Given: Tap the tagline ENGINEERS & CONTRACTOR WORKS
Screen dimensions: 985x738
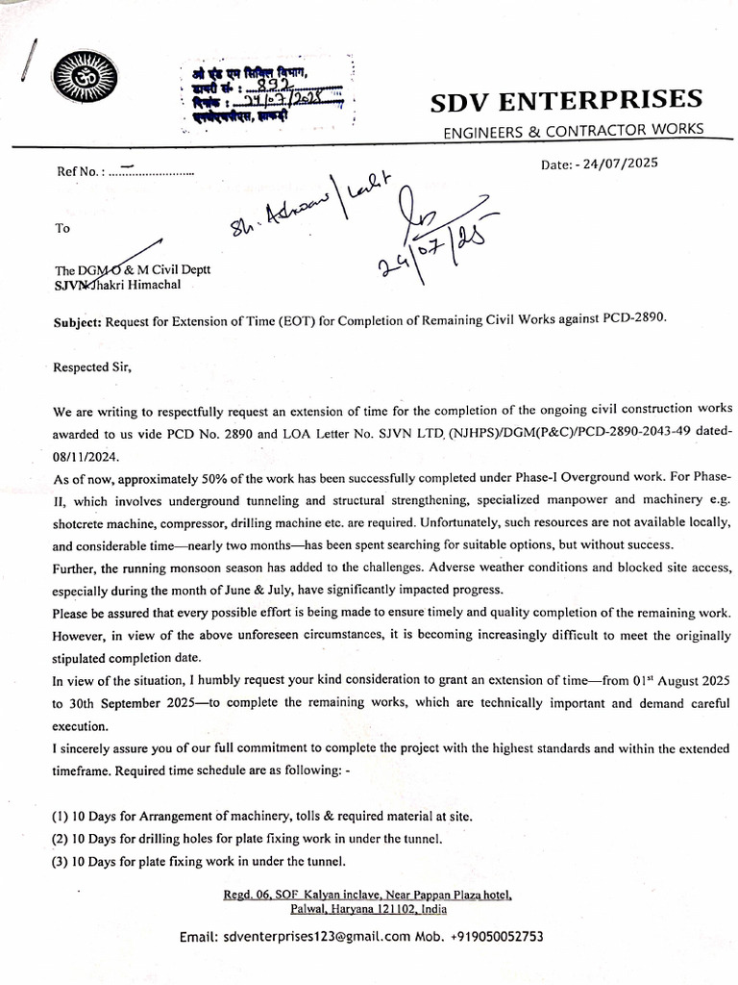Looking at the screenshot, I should click(x=573, y=130).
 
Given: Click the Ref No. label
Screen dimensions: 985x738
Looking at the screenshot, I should click(x=79, y=172).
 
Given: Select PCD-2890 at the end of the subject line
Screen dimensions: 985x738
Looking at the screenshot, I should click(x=630, y=321).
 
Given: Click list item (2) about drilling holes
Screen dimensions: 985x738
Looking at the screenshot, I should click(x=248, y=838).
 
